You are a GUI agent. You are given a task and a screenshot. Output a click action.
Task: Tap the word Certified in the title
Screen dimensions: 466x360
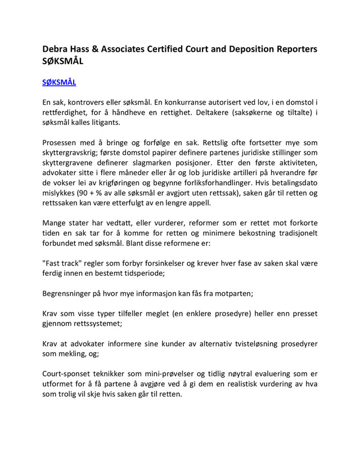[x=163, y=49]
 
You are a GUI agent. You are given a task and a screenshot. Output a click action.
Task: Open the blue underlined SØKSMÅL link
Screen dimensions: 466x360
[x=59, y=82]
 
